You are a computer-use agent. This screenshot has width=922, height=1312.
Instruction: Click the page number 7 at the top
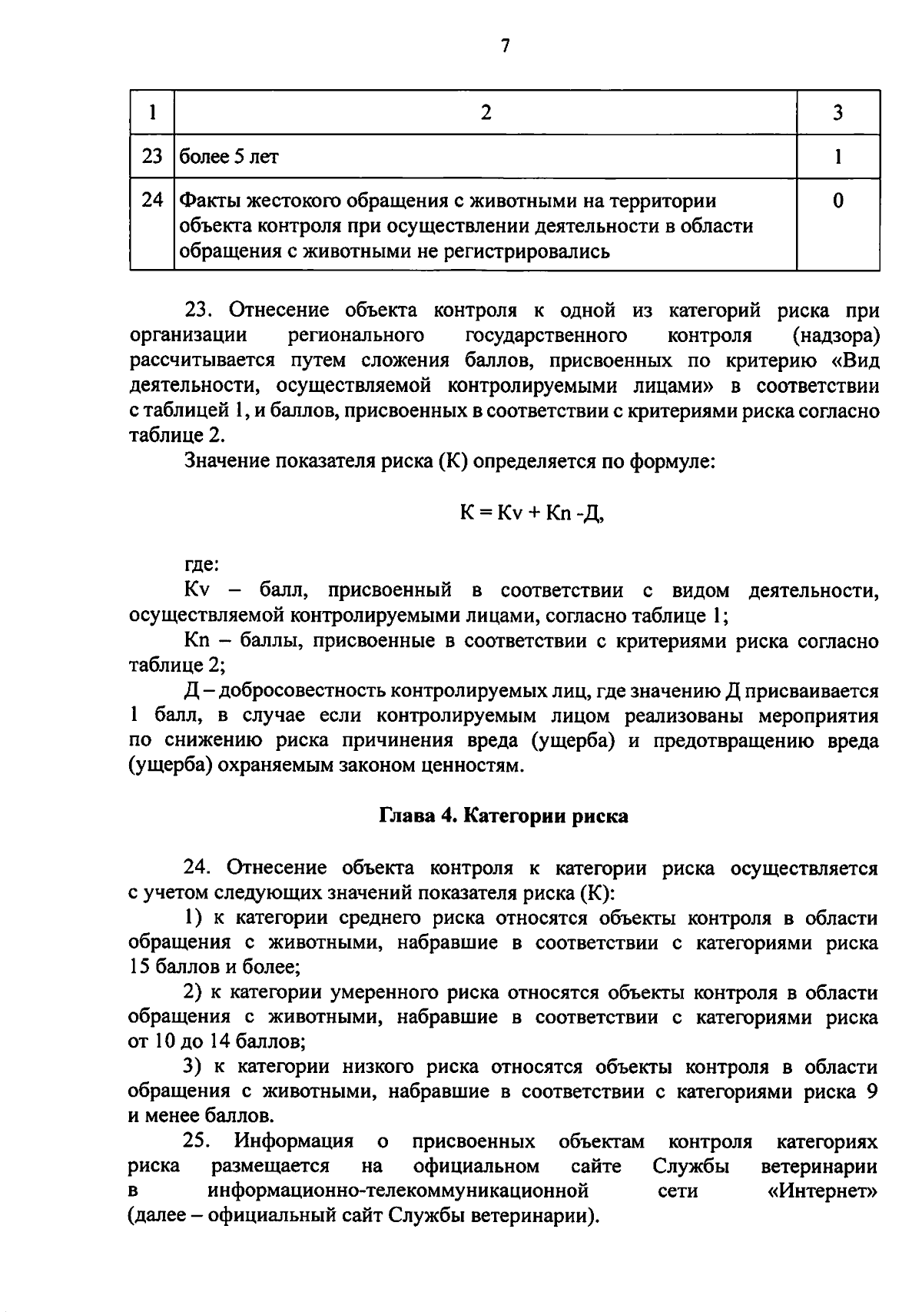pos(505,46)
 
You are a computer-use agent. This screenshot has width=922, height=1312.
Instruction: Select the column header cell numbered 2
pos(486,113)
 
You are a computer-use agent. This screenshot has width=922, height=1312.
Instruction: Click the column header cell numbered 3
pos(837,113)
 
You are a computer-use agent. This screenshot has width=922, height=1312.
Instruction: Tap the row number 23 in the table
pos(152,157)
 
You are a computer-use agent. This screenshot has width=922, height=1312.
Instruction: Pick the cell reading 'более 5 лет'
pos(229,157)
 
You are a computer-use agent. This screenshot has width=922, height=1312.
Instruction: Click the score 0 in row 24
pos(837,201)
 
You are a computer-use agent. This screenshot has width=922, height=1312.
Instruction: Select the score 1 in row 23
pos(837,157)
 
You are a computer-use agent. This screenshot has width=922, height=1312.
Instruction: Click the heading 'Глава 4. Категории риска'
pos(504,815)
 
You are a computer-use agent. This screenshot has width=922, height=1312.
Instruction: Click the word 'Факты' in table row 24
pos(210,201)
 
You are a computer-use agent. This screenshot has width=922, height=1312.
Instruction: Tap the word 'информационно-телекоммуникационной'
pos(398,1191)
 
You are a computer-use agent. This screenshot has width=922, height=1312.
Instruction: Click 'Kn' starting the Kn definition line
pos(197,640)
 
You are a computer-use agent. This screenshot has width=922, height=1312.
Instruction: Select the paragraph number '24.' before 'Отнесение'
pos(197,868)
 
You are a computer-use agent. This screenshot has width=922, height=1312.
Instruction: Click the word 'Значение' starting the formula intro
pos(227,461)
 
